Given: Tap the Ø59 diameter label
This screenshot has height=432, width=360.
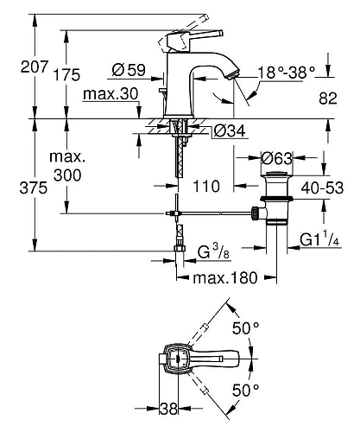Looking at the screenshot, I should click(x=129, y=67).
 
